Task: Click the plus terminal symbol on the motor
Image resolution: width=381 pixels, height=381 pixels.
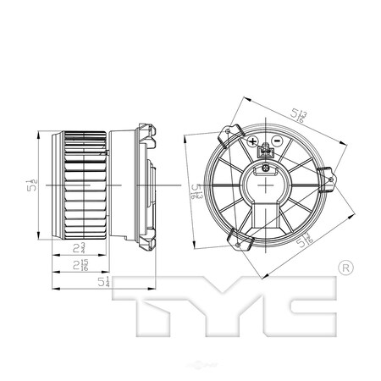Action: point(253,141)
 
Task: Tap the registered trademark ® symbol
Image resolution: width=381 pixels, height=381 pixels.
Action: point(344,268)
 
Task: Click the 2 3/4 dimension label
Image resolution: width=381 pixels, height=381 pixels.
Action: point(78,248)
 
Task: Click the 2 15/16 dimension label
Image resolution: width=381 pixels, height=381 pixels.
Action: point(79,265)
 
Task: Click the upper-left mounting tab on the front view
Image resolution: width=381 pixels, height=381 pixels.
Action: point(226,135)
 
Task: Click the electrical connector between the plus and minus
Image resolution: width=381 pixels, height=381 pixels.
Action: point(265,152)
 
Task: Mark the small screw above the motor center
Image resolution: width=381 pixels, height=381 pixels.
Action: point(266,168)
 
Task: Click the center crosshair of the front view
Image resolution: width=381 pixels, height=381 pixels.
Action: point(265,184)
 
